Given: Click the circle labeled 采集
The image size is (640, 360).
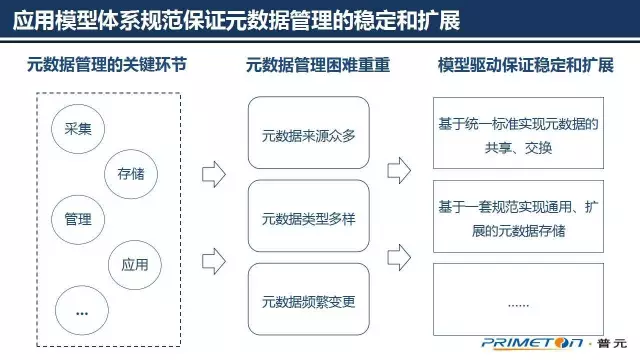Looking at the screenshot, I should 78,130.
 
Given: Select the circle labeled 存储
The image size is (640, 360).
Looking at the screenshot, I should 131,173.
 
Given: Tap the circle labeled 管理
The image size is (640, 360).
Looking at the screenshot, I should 78,219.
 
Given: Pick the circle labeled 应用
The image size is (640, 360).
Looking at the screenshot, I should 134,265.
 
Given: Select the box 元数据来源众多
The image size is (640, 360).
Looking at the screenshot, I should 308,132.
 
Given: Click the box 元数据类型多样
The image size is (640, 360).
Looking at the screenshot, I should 308,215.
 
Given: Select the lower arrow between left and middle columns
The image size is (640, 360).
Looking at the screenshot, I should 213,260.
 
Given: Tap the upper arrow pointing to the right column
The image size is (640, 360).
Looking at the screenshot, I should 397,167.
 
